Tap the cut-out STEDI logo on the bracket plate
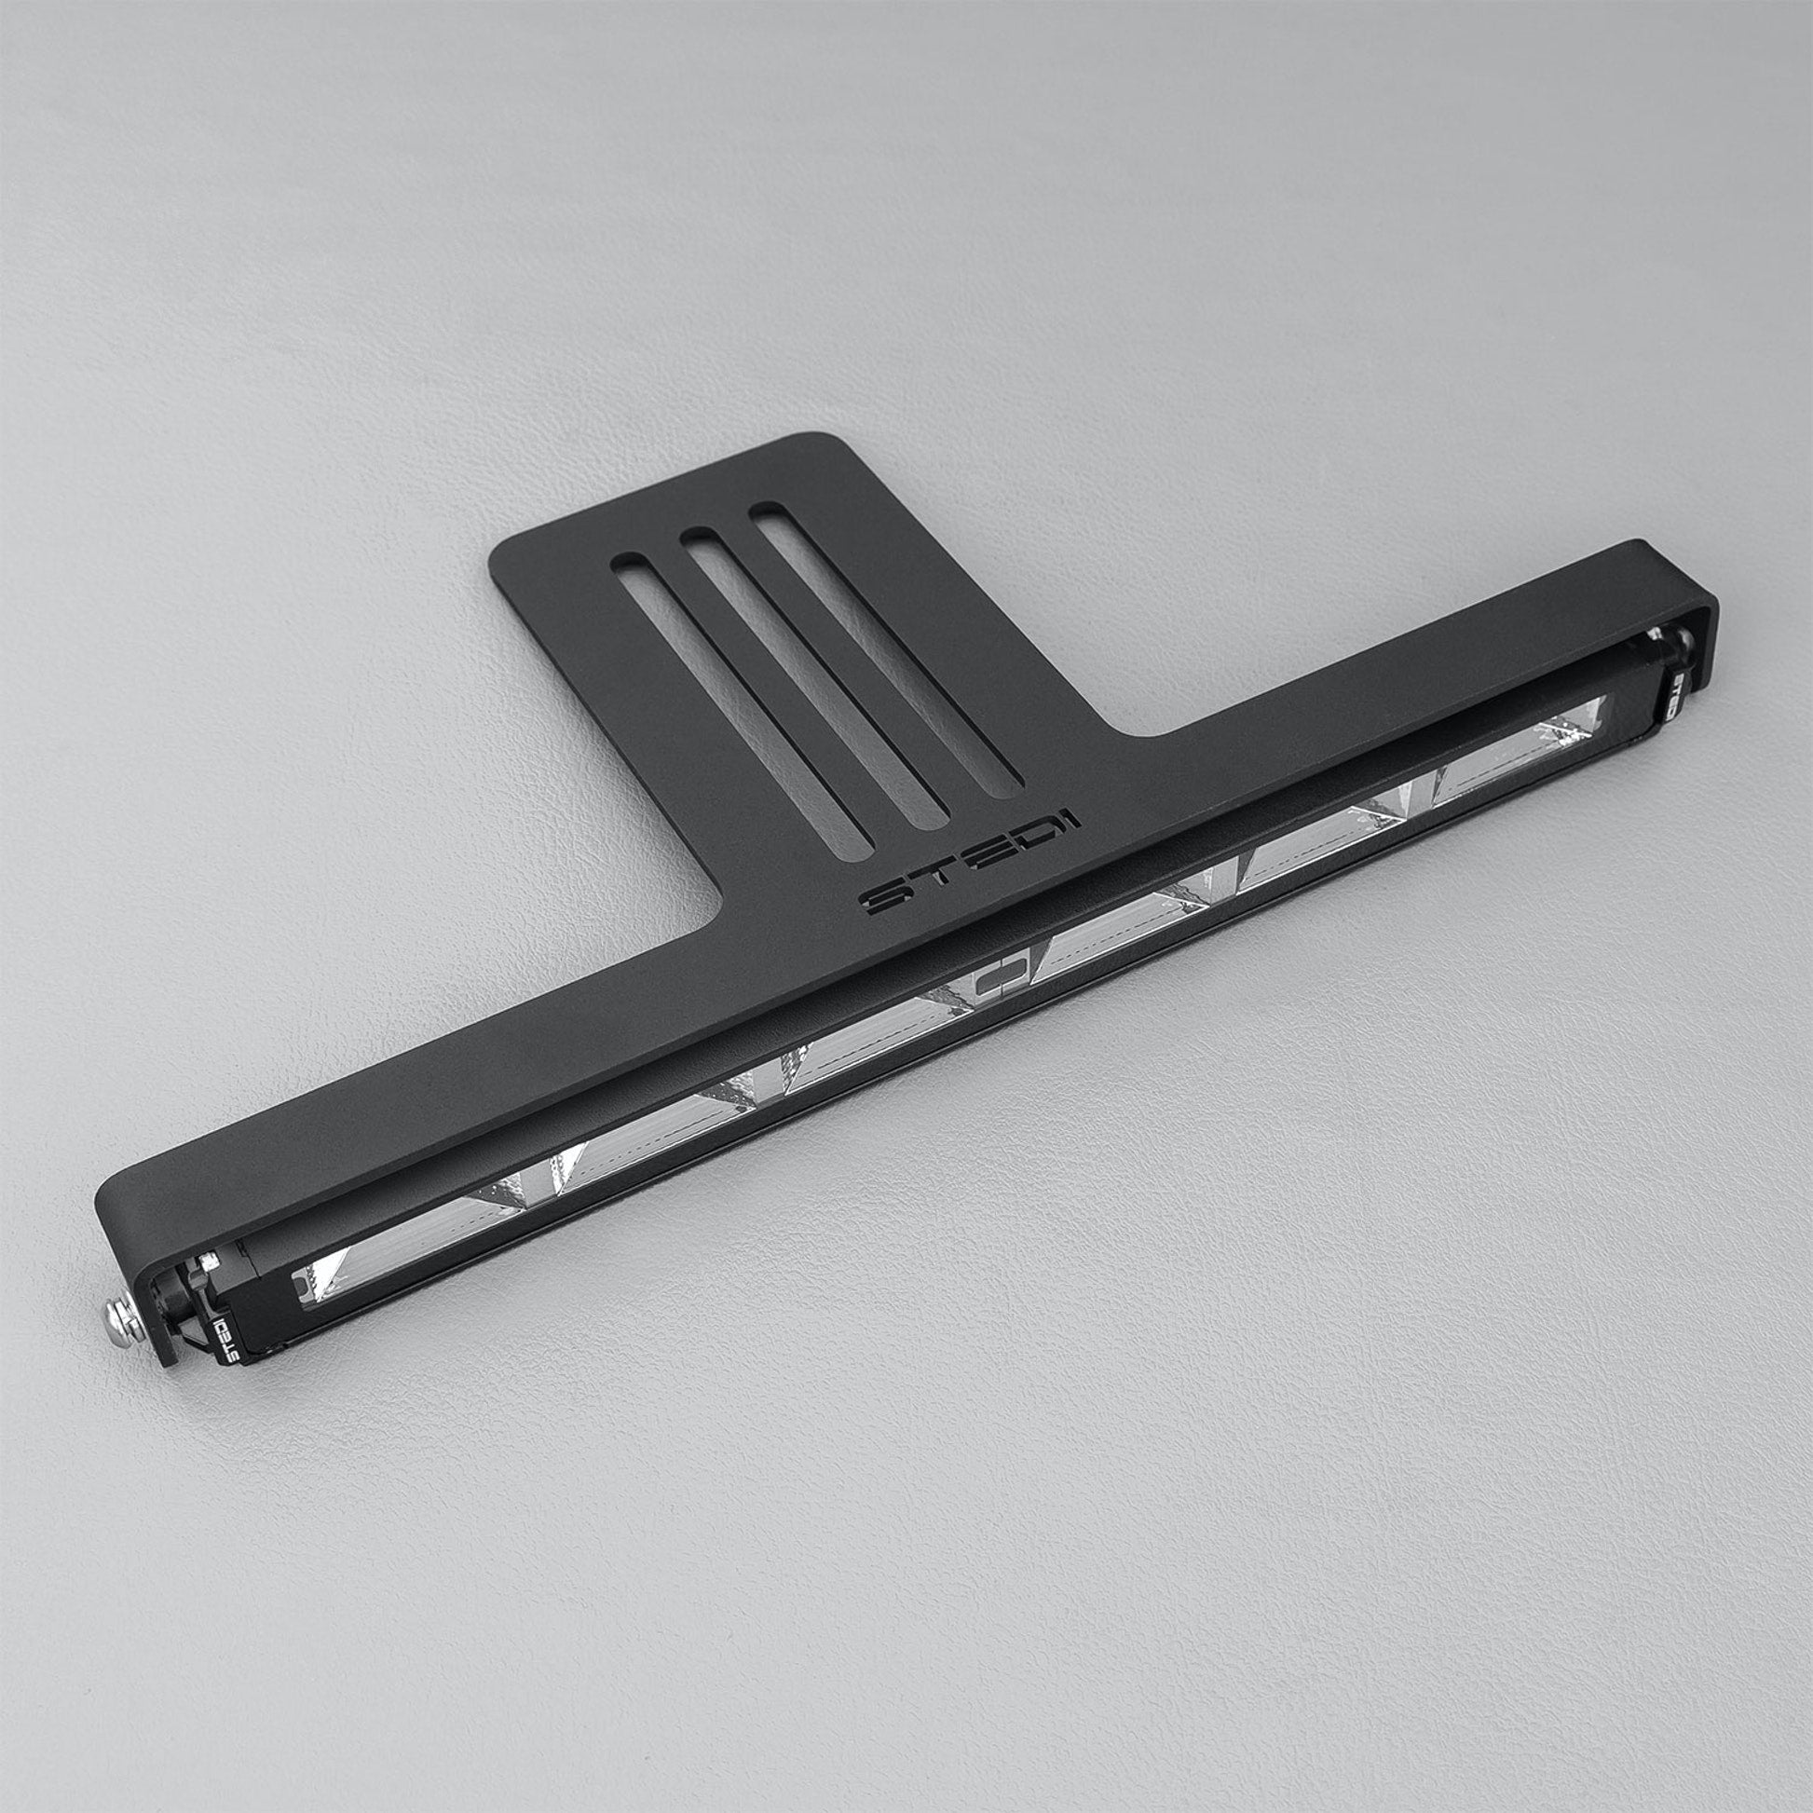[970, 863]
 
